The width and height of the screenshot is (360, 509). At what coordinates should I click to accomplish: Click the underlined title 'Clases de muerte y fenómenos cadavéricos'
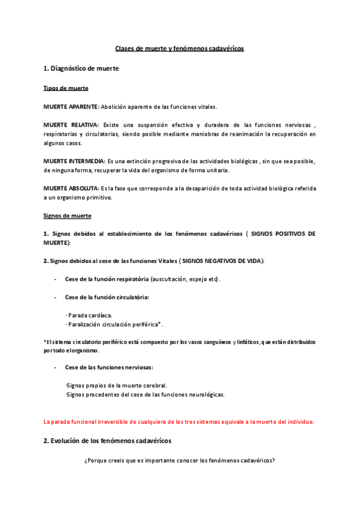tap(179, 49)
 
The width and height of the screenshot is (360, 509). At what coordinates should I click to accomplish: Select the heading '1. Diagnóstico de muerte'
tap(81, 69)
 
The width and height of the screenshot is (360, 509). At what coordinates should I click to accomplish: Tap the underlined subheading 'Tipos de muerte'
tap(66, 88)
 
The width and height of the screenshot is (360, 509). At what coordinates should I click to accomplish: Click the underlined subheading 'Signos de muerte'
tap(67, 215)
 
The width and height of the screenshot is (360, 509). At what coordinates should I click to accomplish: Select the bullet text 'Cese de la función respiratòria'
tap(107, 279)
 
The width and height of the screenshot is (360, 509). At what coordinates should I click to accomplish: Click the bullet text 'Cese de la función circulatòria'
tap(106, 297)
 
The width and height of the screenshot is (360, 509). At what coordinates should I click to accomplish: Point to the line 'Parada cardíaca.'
tap(90, 315)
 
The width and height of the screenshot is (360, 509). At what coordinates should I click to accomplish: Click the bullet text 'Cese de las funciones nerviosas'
tap(109, 367)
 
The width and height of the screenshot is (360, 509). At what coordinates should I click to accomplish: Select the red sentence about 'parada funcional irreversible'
tap(179, 421)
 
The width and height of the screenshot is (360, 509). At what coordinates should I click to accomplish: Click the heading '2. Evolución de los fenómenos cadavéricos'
tap(107, 441)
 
